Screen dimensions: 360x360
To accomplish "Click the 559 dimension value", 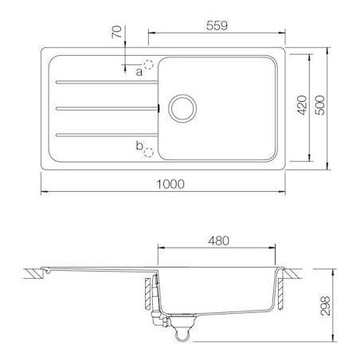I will tap(214, 25).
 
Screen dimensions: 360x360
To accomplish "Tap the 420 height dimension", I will tap(302, 107).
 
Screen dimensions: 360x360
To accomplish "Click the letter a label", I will tap(139, 72).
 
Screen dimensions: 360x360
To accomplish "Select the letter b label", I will tap(139, 145).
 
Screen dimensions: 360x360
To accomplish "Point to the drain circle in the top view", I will tap(181, 107).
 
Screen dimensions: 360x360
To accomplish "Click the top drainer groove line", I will tap(104, 80).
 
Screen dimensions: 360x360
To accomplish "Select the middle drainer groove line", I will tap(104, 107).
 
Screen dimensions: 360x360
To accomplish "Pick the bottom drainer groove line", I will tap(104, 132).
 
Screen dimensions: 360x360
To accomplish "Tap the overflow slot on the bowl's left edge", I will tap(159, 107).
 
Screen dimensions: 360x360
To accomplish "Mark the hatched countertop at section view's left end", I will tap(34, 273).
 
